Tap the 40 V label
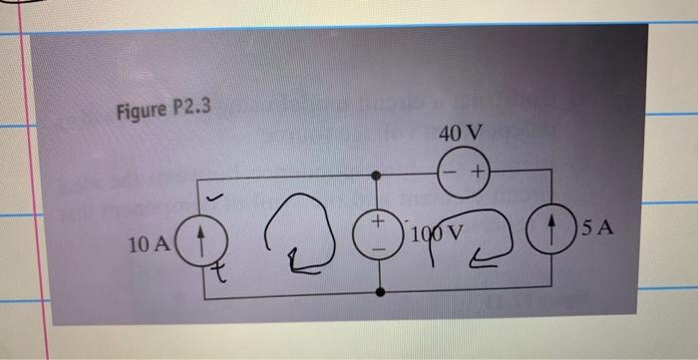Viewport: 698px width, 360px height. coord(462,133)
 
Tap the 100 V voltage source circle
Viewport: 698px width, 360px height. coord(379,230)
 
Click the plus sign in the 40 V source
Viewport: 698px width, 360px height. coord(479,173)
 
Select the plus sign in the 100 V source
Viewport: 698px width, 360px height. coord(379,217)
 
